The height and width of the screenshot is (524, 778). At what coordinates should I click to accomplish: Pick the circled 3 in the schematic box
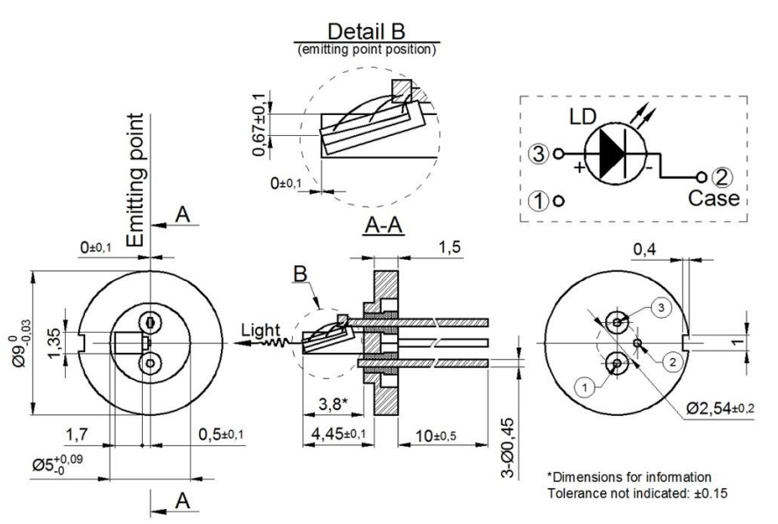(539, 154)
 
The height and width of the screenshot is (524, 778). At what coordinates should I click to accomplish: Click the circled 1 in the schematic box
(539, 199)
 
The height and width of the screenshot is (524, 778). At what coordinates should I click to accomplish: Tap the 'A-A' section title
(383, 227)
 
